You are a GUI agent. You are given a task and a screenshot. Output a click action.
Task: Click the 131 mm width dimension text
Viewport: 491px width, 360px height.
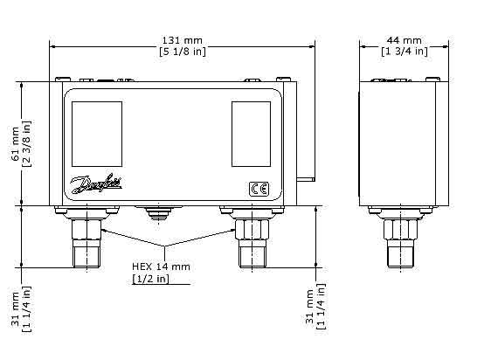click(x=183, y=40)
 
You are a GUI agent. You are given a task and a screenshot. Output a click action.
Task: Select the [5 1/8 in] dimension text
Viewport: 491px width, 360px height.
click(x=183, y=52)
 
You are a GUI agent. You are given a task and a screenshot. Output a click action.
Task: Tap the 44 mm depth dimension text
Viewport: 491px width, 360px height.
click(x=405, y=40)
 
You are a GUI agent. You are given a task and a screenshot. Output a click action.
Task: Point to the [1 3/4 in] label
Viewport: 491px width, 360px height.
click(x=405, y=52)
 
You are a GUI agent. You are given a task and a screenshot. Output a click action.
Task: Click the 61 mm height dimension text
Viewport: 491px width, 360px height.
click(x=15, y=144)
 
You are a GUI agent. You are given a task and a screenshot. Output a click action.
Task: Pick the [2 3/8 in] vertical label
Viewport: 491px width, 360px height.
click(x=26, y=144)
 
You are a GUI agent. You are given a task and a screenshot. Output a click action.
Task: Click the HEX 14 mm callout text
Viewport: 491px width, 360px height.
click(x=160, y=266)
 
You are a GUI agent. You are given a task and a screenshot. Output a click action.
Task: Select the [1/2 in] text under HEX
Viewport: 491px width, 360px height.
click(x=150, y=279)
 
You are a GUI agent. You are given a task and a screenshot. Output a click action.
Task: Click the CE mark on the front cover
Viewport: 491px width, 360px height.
click(x=259, y=189)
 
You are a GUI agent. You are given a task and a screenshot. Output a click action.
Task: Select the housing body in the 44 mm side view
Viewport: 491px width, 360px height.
click(x=400, y=144)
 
